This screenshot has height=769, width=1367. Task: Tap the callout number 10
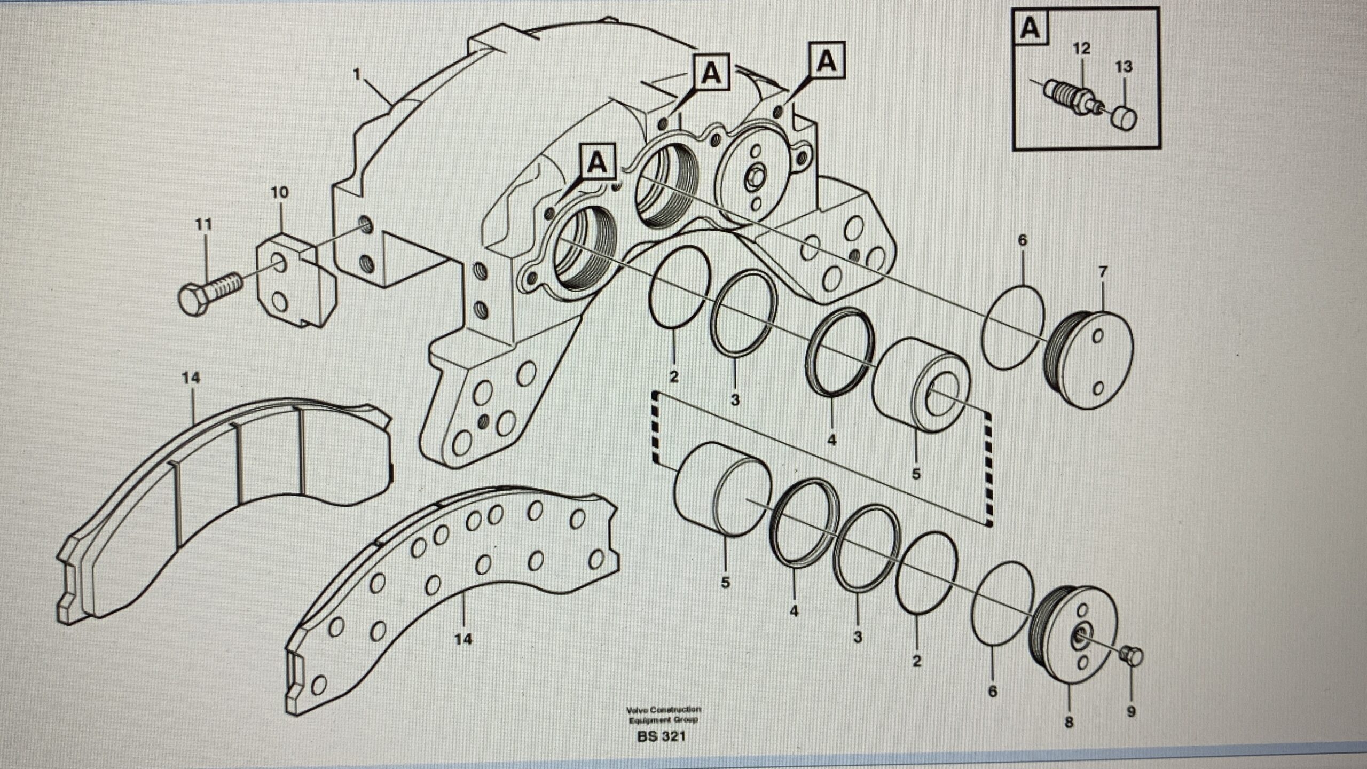point(279,192)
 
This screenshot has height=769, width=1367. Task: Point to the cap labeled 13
point(1124,118)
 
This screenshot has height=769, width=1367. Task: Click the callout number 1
point(357,74)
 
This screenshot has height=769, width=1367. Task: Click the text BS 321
point(661,737)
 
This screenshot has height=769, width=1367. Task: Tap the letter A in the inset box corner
point(1030,28)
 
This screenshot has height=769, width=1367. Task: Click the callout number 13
point(1124,67)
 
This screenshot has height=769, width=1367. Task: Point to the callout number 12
point(1081,49)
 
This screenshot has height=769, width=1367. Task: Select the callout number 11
point(203,224)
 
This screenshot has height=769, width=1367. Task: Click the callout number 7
point(1103,273)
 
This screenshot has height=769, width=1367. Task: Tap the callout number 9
point(1131,712)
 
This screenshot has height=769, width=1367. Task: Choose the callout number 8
point(1069,723)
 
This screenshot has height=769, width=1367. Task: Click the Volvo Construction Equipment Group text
point(663,715)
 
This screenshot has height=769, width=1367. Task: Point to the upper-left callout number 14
point(191,378)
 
